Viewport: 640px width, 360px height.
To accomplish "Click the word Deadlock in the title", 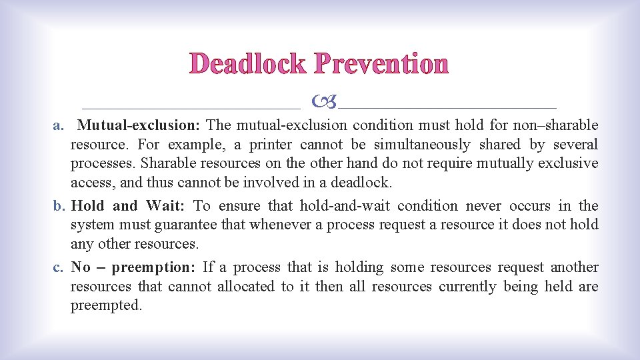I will coord(248,64).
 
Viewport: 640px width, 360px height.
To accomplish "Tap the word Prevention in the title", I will coord(381,64).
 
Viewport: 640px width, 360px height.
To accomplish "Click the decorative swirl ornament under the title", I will coord(324,102).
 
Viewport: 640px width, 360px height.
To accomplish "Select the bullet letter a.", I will coord(59,125).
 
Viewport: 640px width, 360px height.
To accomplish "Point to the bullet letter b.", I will coord(59,206).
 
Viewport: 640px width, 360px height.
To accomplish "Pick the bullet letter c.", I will coord(59,267).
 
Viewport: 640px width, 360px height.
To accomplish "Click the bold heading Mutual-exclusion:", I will coord(139,125).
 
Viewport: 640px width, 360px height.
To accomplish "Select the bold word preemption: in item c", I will coord(153,267).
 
